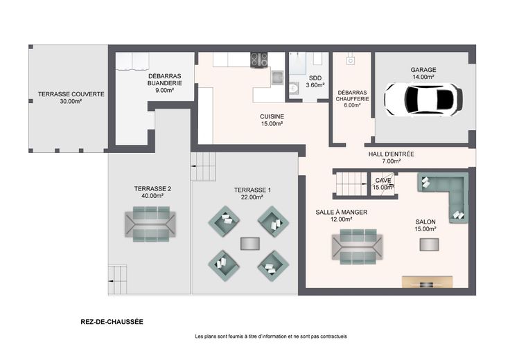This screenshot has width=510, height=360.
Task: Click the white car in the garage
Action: (423, 99)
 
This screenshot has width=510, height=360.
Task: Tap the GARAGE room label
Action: (423, 70)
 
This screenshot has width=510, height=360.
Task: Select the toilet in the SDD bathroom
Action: (293, 88)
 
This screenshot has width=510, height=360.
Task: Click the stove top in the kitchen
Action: (259, 60)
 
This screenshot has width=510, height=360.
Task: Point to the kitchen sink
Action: (277, 78)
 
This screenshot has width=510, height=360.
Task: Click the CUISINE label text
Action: (272, 116)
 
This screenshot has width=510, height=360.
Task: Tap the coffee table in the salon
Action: (429, 244)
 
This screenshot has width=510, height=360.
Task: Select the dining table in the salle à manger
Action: (358, 246)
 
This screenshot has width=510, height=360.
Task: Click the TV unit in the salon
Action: (427, 282)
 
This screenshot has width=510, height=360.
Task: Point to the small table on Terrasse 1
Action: (249, 244)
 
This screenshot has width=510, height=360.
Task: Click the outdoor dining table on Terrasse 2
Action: (150, 224)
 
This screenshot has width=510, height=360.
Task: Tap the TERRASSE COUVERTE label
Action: (71, 94)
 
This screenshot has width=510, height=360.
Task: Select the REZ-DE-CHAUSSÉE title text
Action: (112, 322)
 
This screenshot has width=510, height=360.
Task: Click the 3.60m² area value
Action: (315, 85)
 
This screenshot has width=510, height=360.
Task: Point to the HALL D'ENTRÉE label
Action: (392, 154)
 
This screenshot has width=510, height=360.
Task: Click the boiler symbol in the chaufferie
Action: (351, 61)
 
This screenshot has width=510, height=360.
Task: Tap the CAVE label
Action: (383, 180)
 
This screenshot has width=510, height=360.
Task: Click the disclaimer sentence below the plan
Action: (271, 336)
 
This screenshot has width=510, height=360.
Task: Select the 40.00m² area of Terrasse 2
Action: (152, 196)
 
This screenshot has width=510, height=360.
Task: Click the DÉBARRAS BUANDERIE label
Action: (165, 80)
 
